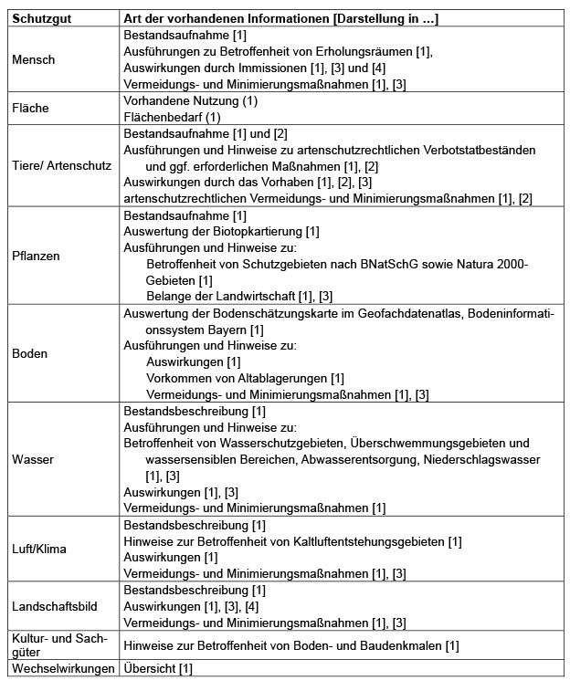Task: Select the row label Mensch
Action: (x=34, y=60)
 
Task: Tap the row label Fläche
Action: (x=30, y=108)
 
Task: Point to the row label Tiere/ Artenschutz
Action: (x=60, y=166)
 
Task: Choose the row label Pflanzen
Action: (x=37, y=256)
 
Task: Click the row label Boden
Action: (x=30, y=353)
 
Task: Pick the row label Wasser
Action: (x=33, y=459)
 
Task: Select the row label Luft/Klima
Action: (x=39, y=550)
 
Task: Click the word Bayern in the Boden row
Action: (x=221, y=329)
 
